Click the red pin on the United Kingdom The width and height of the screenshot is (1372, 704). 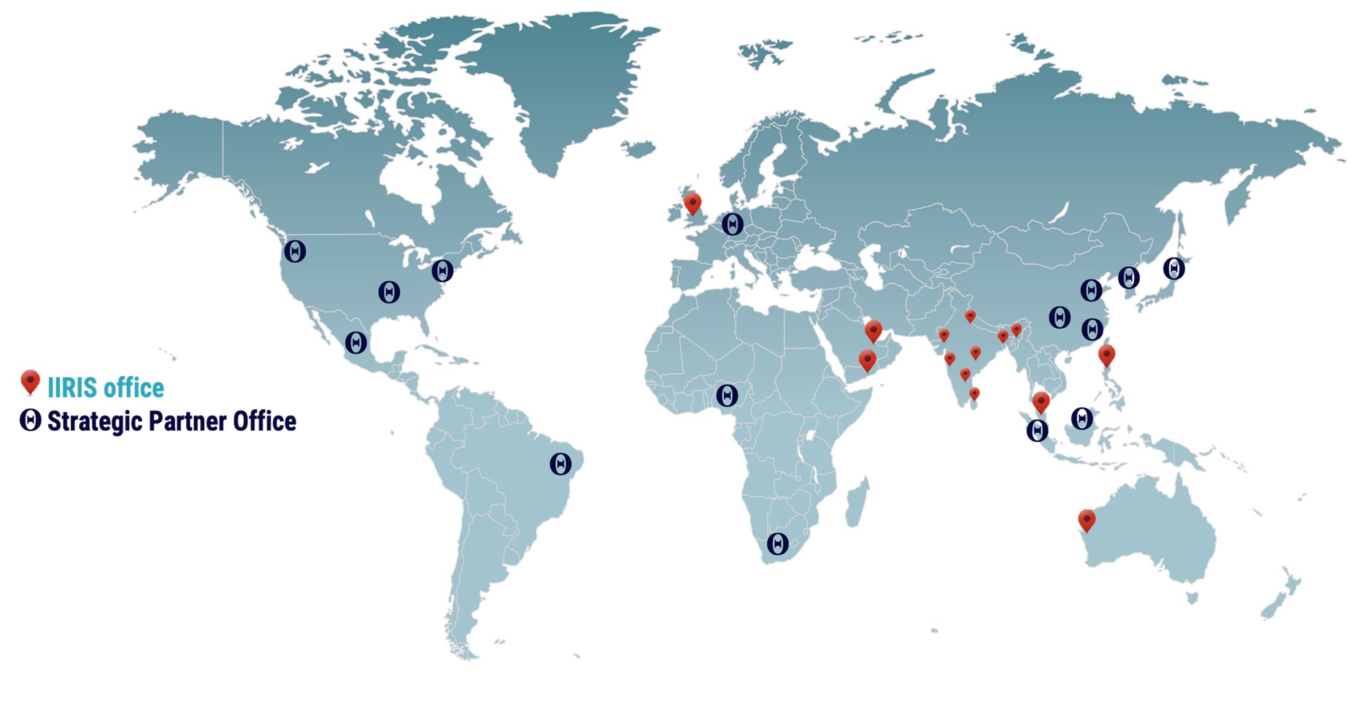click(x=692, y=203)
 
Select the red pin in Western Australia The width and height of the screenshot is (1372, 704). click(x=1087, y=520)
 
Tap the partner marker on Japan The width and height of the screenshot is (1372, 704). click(x=1173, y=269)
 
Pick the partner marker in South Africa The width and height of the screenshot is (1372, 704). click(x=777, y=544)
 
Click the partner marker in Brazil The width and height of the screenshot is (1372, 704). click(x=560, y=464)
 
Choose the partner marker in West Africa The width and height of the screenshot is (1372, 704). click(x=727, y=396)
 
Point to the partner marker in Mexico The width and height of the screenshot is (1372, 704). click(x=356, y=343)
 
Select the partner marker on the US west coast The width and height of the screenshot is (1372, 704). click(x=295, y=251)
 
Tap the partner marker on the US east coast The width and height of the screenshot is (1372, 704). click(x=442, y=271)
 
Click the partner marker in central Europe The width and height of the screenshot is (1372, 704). click(x=732, y=224)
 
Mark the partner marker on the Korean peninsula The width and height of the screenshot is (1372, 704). click(x=1129, y=278)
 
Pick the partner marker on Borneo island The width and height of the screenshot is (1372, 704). click(x=1082, y=418)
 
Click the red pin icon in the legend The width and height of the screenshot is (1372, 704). click(x=30, y=382)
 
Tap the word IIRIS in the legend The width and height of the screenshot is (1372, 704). click(x=72, y=388)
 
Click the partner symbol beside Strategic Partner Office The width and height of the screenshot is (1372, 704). click(x=30, y=420)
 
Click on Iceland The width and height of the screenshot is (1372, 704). click(x=639, y=149)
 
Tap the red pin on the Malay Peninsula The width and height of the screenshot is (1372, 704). click(x=1041, y=402)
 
